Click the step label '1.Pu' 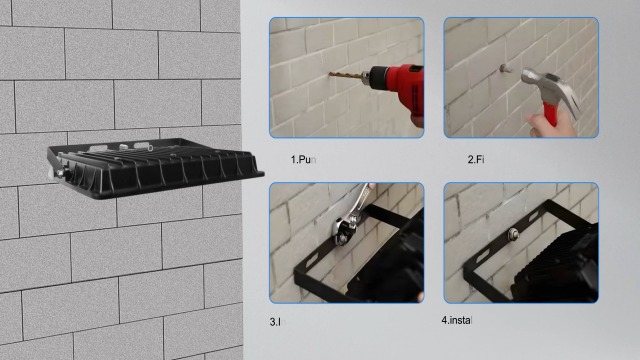[303, 160]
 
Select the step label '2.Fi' [476, 160]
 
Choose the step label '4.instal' [456, 320]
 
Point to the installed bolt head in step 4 [511, 235]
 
